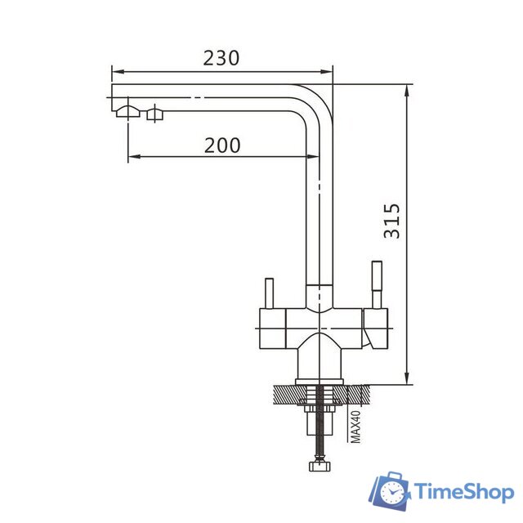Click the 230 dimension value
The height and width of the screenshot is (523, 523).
point(222,58)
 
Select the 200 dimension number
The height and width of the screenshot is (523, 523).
point(222,145)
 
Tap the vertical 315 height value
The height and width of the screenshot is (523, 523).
point(393,221)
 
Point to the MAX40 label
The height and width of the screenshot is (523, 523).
point(355,425)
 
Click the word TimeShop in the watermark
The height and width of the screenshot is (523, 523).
point(463,491)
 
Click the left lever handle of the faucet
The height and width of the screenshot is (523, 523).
point(267,293)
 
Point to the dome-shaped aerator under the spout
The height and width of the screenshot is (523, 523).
point(127,111)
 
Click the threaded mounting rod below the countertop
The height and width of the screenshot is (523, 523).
point(317,433)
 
